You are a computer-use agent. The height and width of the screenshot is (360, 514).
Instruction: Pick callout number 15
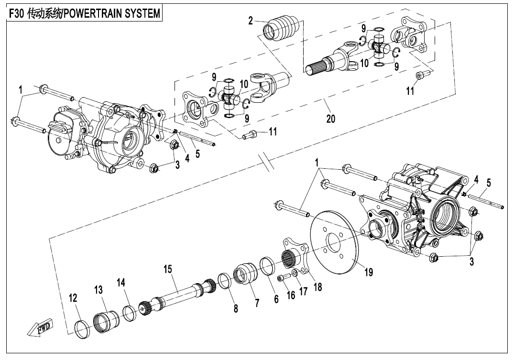click(x=168, y=270)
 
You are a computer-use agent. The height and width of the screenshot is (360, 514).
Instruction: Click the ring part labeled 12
click(x=84, y=329)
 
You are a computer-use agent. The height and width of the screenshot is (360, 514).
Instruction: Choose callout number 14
click(x=122, y=284)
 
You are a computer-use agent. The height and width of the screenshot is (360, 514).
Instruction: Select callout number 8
click(x=236, y=309)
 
